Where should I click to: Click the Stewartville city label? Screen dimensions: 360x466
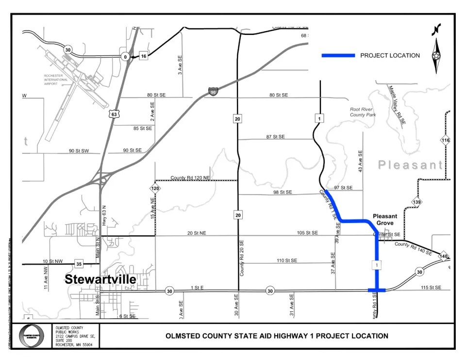[100, 279]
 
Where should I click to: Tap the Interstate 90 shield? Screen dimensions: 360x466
[213, 91]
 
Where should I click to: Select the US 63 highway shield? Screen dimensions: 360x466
[114, 114]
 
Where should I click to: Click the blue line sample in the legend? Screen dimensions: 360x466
[338, 56]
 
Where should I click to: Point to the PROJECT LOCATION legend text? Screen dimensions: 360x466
[390, 56]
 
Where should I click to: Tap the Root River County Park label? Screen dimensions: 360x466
[363, 112]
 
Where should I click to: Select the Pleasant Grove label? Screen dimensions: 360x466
[385, 219]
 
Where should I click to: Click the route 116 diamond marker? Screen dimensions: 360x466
[446, 140]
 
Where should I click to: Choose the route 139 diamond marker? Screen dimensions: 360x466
[416, 202]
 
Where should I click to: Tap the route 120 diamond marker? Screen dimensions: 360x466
[155, 188]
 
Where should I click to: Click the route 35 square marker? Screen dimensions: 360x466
[79, 264]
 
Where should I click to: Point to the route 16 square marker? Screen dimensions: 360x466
[143, 56]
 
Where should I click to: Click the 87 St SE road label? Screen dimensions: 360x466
[275, 137]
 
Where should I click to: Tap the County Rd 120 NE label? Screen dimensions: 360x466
[190, 178]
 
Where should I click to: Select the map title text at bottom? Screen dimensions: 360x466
[277, 336]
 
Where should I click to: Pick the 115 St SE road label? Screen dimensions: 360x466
[431, 288]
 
